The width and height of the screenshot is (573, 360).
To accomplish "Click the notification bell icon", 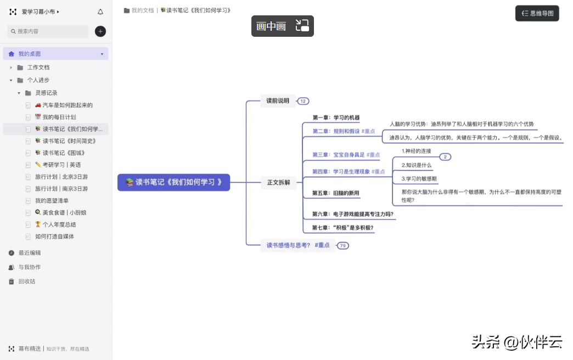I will (100, 12).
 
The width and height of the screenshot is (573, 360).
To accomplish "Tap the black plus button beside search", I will (100, 31).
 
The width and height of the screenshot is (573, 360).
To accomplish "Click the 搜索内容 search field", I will (48, 31).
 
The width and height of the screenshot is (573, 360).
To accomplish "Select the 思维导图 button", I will (537, 13).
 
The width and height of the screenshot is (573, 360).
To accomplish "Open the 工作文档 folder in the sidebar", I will (38, 67).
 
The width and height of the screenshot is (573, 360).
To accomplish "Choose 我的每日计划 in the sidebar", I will (59, 117).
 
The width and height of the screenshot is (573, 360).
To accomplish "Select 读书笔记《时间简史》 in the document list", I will (69, 141).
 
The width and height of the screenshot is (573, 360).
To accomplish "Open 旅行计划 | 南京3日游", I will (61, 189).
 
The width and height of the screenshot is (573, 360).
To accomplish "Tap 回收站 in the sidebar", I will (26, 282).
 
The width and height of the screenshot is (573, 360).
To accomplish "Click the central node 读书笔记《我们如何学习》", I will (173, 182).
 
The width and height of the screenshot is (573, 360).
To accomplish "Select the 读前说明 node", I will (278, 101).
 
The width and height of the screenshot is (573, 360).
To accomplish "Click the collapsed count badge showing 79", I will (343, 245).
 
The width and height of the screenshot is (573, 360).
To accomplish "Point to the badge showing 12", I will (303, 101).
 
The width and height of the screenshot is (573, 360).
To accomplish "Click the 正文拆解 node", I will (278, 182).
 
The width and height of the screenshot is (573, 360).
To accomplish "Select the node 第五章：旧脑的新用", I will (335, 193).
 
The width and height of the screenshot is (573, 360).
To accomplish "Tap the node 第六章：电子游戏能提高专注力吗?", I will (352, 214).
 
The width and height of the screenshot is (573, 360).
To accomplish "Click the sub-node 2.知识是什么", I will (417, 165).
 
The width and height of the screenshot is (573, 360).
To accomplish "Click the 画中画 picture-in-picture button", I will (282, 26).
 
